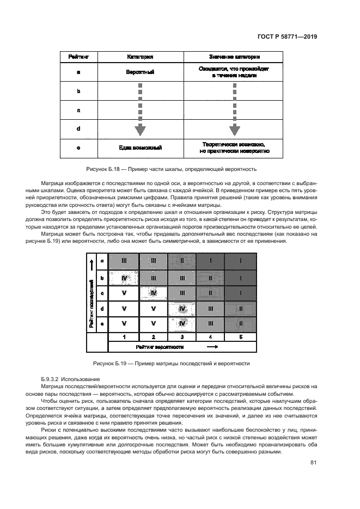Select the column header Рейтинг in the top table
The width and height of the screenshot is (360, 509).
tap(78, 57)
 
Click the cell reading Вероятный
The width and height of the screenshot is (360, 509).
tap(140, 72)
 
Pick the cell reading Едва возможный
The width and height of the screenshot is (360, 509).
tap(140, 148)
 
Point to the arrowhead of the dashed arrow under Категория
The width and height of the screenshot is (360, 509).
tap(140, 131)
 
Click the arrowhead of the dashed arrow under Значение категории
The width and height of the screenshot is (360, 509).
tap(234, 131)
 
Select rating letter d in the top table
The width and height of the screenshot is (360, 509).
tap(78, 129)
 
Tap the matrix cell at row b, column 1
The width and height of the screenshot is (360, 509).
tap(124, 278)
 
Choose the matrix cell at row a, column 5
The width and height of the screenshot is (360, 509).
tap(240, 261)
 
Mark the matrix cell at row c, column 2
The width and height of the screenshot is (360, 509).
tap(154, 293)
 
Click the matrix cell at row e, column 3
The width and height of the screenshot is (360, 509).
tap(182, 323)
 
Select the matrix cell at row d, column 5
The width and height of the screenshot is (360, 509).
tap(240, 308)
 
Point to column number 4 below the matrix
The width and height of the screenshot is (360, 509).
tap(211, 337)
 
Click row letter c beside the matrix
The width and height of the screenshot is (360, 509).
tap(102, 293)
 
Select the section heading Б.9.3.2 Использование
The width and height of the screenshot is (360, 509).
tap(74, 378)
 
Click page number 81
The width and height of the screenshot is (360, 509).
tap(313, 463)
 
